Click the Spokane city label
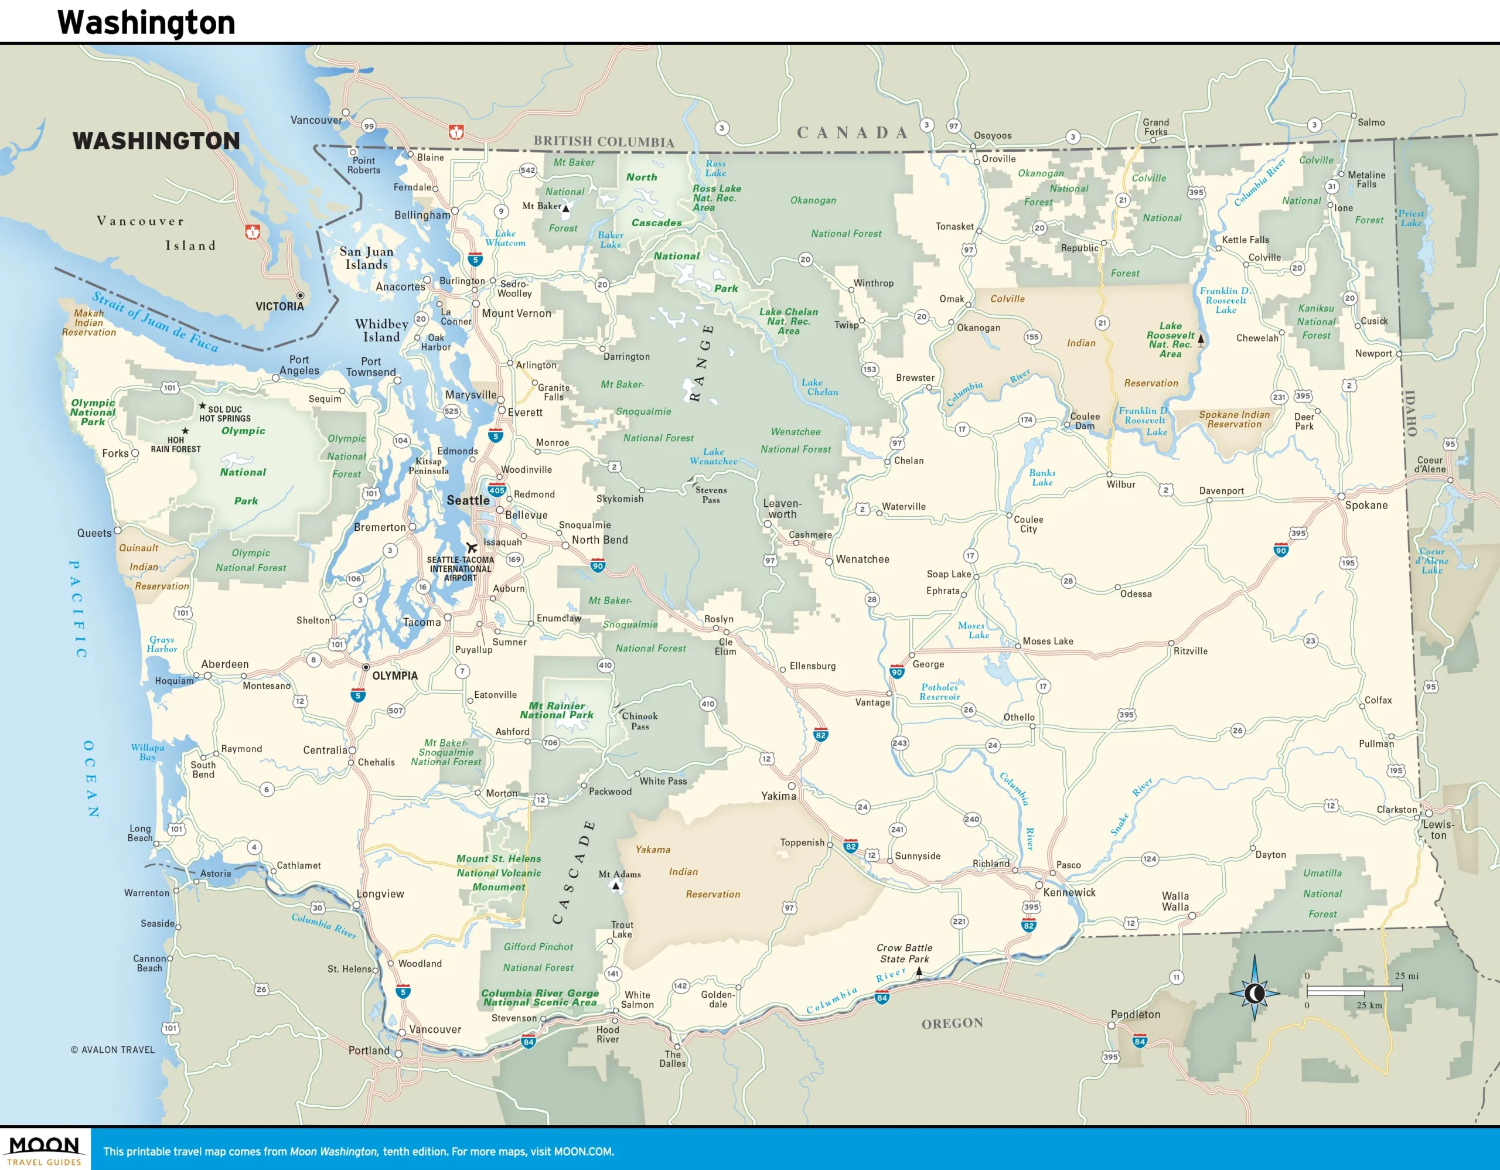1365,506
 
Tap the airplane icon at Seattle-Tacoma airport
471,547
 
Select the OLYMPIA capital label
394,676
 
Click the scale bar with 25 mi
1353,990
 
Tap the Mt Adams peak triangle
616,886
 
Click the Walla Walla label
1175,902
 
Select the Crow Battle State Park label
904,953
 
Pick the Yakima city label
778,796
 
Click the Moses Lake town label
1048,642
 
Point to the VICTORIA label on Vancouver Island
279,306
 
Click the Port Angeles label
299,365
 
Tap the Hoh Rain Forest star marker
185,431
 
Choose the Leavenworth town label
782,509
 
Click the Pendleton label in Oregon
1136,1014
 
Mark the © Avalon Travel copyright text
112,1049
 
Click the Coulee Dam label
1085,421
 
